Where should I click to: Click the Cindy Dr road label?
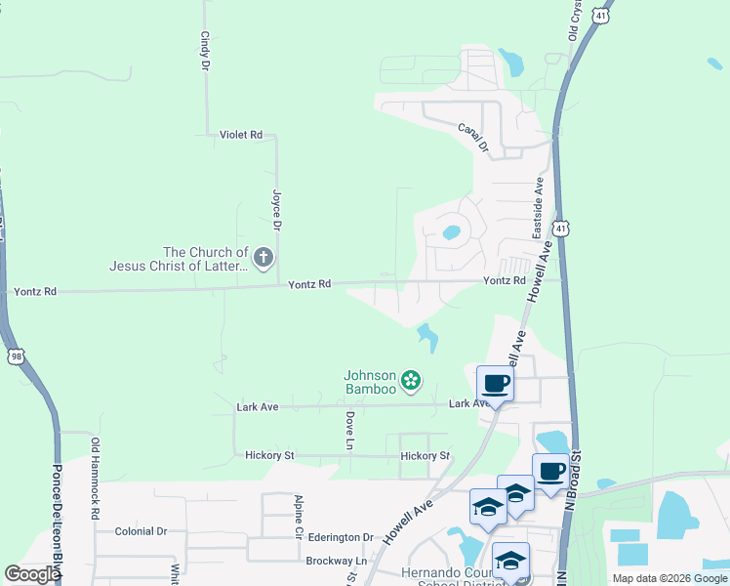[x=205, y=51]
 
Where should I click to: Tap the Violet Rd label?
[x=241, y=135]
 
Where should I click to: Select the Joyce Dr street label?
[x=277, y=209]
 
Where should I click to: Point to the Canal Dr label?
[x=472, y=136]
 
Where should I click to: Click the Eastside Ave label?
[x=537, y=208]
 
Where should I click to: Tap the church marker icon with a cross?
[x=263, y=258]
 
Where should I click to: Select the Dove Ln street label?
[x=348, y=431]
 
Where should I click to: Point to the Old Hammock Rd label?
[x=96, y=478]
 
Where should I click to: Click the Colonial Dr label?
[x=141, y=531]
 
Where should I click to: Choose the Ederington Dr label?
[x=342, y=537]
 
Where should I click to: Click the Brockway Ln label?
[x=335, y=561]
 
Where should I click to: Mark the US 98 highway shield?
[x=17, y=356]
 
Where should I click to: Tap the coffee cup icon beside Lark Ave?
[x=495, y=382]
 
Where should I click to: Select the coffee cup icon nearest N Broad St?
[x=550, y=471]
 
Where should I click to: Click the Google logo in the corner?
[x=32, y=574]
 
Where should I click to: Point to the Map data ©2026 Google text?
[x=669, y=578]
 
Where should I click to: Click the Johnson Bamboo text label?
[x=370, y=382]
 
